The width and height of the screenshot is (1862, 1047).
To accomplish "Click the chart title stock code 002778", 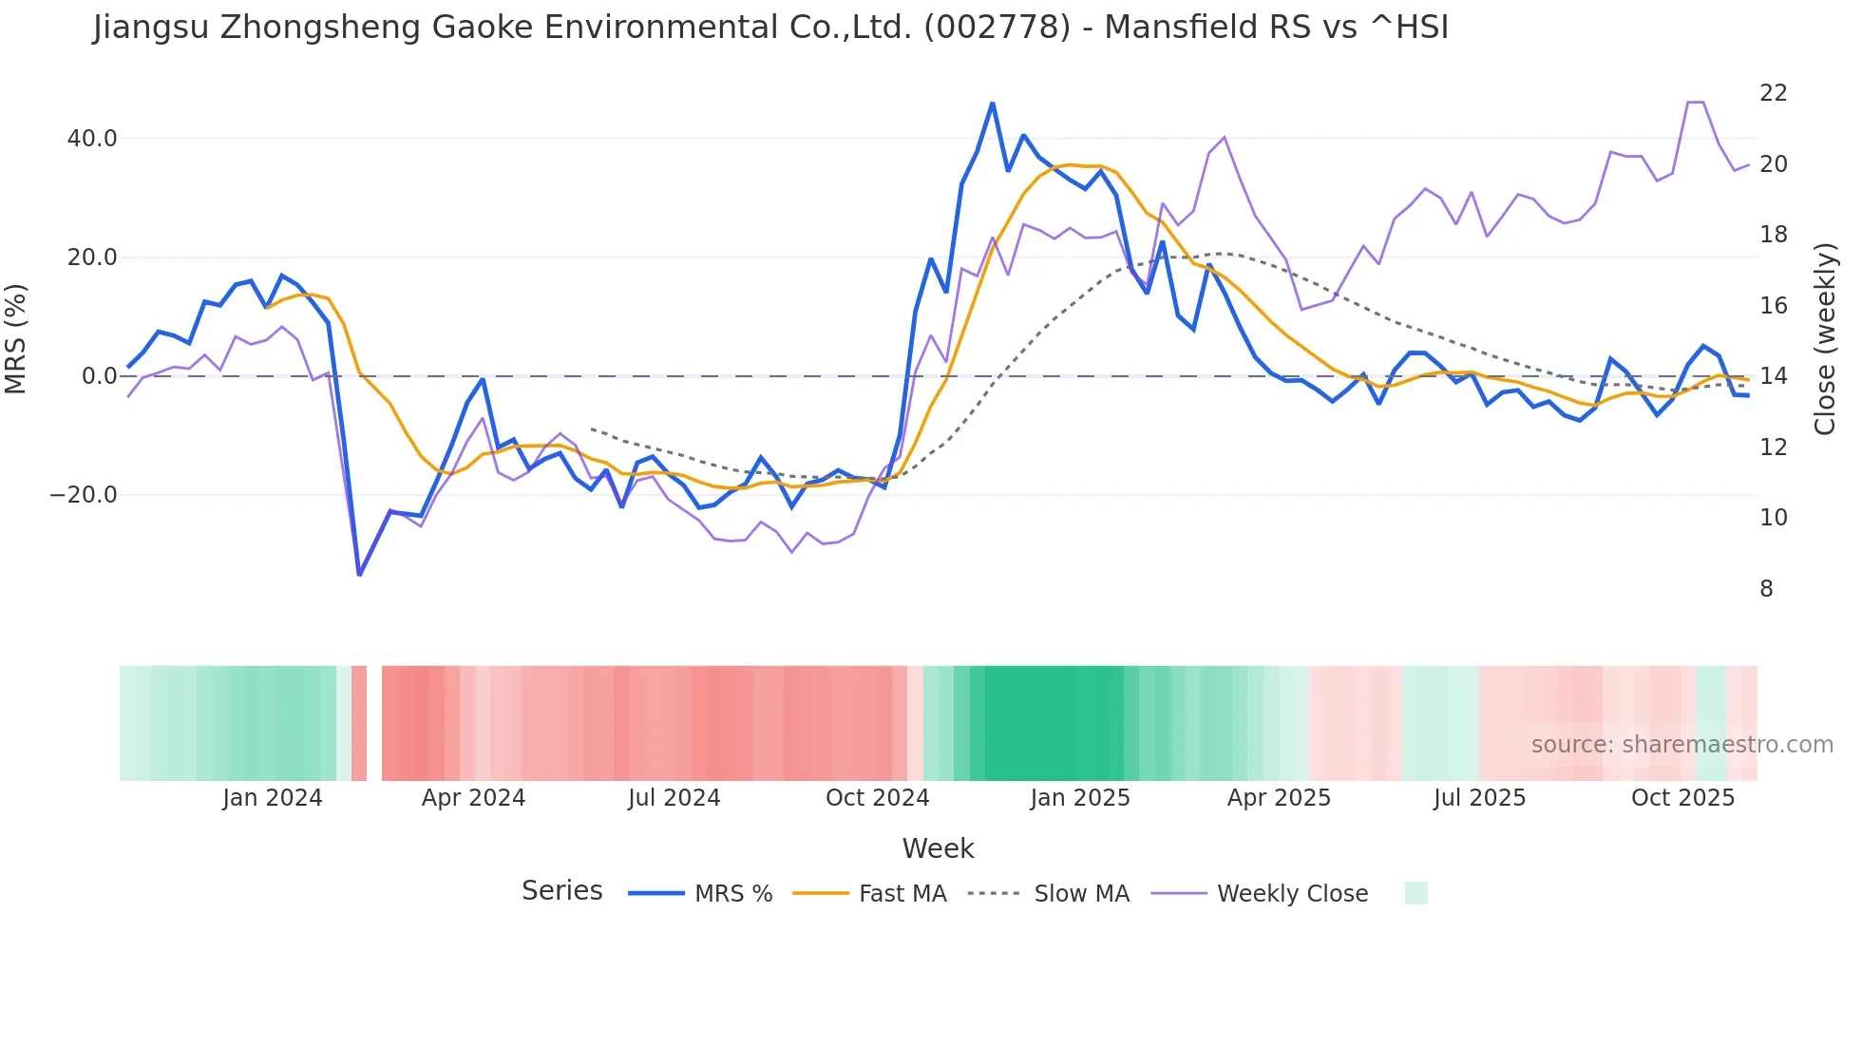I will (x=997, y=28).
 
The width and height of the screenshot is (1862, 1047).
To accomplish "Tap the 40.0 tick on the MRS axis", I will (x=92, y=139).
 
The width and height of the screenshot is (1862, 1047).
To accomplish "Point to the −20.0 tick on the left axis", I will (x=84, y=495).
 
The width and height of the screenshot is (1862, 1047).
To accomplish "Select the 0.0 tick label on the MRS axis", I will (x=99, y=376).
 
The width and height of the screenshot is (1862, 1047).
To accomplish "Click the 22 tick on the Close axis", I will (x=1773, y=93).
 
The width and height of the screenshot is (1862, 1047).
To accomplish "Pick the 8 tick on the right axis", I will (x=1766, y=589).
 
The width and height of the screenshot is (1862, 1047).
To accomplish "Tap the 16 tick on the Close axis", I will (x=1773, y=306).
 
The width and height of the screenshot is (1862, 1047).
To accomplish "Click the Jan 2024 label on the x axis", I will (x=273, y=798).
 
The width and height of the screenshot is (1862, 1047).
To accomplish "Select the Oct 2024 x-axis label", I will (x=877, y=798).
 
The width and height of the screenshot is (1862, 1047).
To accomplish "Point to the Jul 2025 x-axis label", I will (x=1479, y=798).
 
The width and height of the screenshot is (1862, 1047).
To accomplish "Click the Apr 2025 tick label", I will (x=1279, y=798).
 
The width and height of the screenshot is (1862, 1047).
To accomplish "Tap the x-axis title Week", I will (x=938, y=848).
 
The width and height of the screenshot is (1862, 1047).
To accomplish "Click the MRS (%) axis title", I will (x=16, y=338).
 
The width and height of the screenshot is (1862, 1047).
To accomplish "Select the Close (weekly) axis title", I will (x=1824, y=339).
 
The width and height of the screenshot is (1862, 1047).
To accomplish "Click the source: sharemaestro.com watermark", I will (x=1681, y=745).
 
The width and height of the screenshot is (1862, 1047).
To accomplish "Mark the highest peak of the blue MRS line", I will (x=993, y=104).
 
